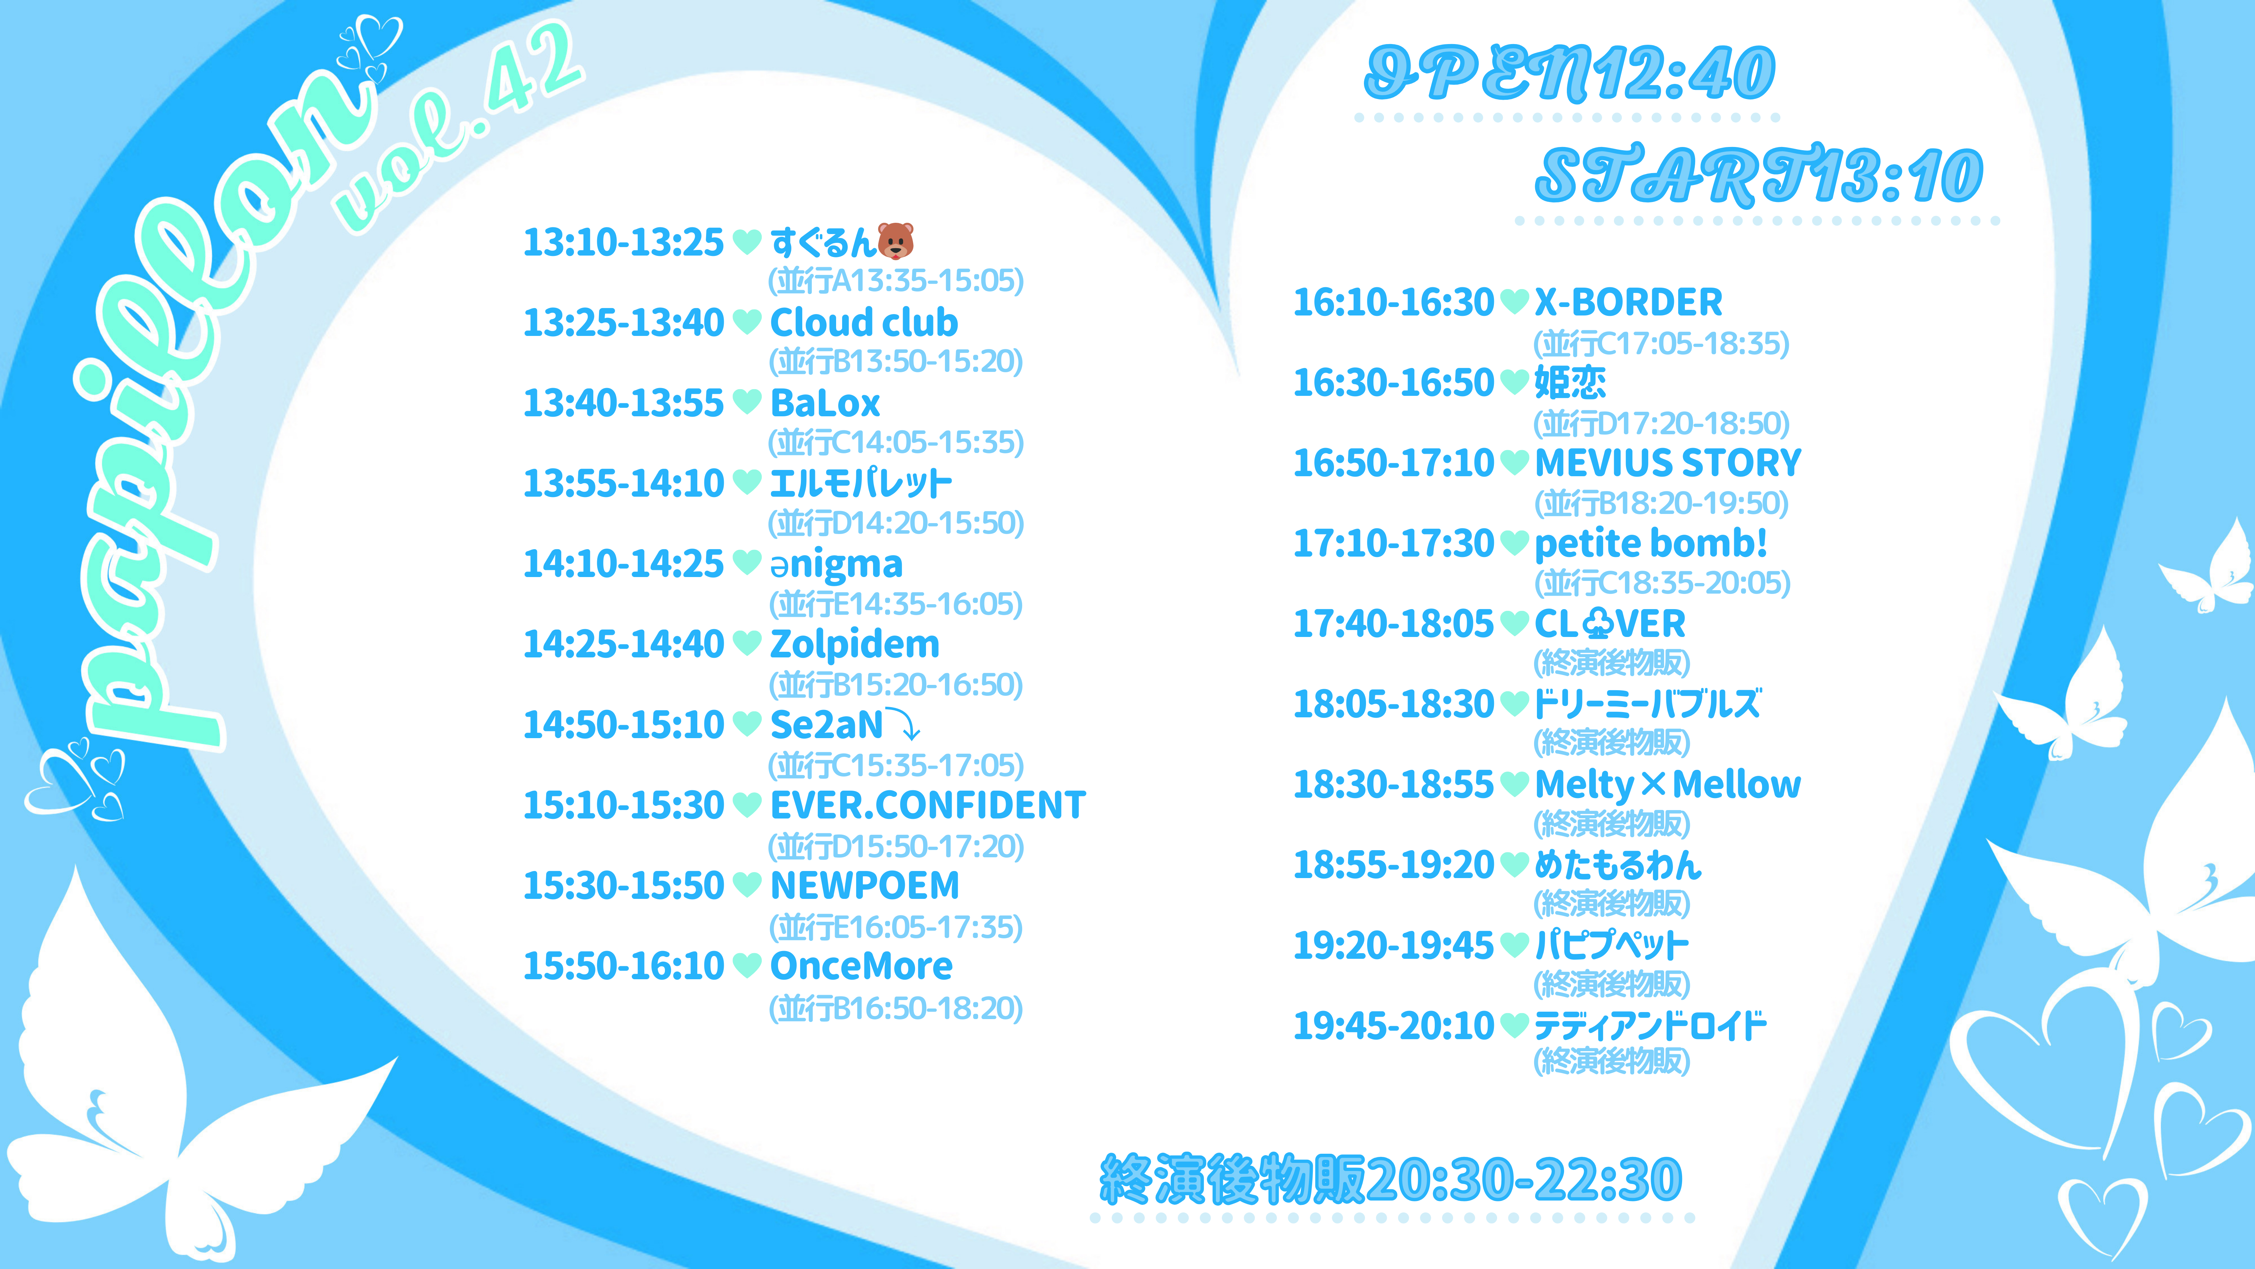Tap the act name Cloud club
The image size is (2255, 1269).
coord(864,322)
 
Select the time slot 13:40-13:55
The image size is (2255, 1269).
coord(623,403)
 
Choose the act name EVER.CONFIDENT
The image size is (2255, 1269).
coord(928,805)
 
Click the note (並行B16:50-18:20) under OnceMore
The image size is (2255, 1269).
coord(896,1008)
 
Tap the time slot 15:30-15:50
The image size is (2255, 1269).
coord(623,885)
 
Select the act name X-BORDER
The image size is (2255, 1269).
coord(1628,302)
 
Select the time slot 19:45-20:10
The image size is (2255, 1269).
coord(1394,1025)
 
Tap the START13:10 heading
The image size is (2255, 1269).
coord(1759,175)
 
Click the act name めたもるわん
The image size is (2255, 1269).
coord(1618,865)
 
